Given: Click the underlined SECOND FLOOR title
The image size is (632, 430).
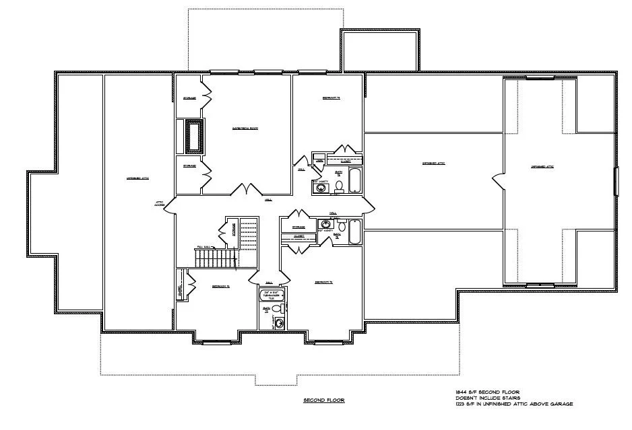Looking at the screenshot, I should click(324, 400).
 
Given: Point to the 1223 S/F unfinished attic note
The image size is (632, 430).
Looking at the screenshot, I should click(513, 404).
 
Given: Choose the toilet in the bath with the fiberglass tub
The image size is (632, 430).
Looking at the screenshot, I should click(340, 186).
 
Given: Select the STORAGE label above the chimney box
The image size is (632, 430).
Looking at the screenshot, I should click(189, 99).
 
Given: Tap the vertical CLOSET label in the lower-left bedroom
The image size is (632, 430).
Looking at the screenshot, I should click(179, 290).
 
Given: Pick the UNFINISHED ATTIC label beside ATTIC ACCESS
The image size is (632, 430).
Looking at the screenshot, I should click(137, 178).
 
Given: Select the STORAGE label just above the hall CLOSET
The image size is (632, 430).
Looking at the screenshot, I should click(298, 227).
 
